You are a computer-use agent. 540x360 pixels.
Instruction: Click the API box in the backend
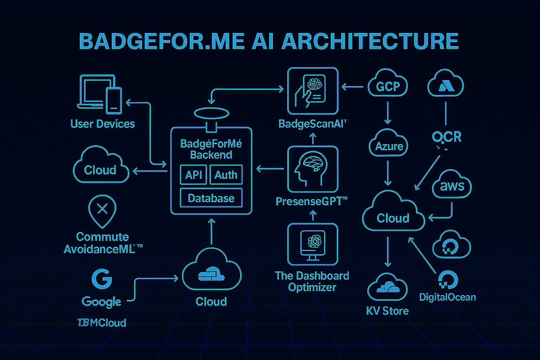(x=193, y=175)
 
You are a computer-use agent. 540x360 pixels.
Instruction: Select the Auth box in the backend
(x=226, y=175)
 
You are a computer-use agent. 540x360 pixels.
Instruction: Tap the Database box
(x=211, y=198)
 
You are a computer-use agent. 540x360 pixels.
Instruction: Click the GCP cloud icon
(x=388, y=84)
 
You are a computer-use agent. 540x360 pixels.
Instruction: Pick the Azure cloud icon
(x=388, y=144)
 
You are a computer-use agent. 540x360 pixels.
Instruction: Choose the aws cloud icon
(x=452, y=185)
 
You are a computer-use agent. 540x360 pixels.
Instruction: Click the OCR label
(x=446, y=137)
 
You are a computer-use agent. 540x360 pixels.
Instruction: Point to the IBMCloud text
(x=102, y=323)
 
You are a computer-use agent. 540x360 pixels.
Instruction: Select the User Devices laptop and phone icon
(x=100, y=94)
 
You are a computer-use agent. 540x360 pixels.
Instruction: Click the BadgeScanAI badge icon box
(x=313, y=91)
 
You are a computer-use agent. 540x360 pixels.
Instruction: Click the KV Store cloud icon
(x=387, y=287)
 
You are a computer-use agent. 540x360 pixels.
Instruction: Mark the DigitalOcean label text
(x=447, y=297)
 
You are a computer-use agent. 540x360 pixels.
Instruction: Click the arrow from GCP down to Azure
(x=388, y=112)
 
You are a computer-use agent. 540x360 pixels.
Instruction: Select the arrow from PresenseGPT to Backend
(x=270, y=169)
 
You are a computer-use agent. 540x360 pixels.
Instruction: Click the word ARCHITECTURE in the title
(x=370, y=41)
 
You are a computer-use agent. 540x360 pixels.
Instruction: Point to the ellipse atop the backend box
(x=211, y=113)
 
